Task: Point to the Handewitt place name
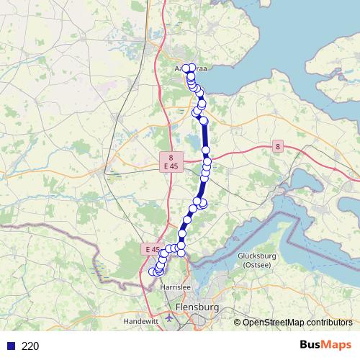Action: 141,320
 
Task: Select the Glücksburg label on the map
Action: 257,256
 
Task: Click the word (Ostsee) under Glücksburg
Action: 257,265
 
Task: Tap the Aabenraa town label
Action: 191,69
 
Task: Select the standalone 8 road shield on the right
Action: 278,147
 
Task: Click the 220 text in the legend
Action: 30,346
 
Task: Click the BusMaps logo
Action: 325,345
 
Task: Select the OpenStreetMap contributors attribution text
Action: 297,322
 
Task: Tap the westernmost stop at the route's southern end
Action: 152,272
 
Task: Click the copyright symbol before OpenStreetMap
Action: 238,322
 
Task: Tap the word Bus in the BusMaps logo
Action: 312,345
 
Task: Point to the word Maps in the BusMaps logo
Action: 338,345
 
